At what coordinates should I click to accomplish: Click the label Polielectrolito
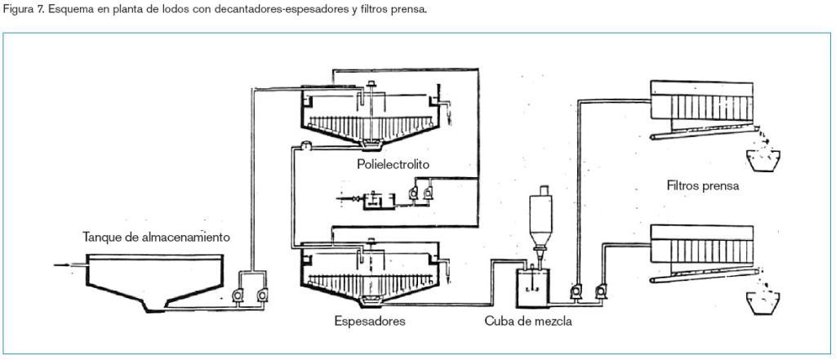point(393,165)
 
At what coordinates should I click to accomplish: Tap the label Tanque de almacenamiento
point(156,238)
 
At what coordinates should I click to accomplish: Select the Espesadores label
point(370,321)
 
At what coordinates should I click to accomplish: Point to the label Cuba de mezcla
point(528,321)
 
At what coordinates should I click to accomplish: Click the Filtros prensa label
point(702,185)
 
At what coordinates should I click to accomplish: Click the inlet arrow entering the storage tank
point(65,264)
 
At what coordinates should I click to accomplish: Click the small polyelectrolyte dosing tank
point(375,197)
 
